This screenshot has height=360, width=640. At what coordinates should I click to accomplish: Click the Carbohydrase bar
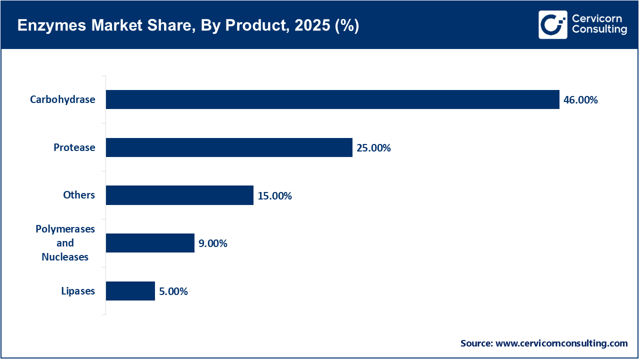pyautogui.click(x=332, y=99)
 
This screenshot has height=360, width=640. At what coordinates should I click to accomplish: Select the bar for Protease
pyautogui.click(x=229, y=147)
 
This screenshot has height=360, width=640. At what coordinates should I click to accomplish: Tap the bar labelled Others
pyautogui.click(x=179, y=195)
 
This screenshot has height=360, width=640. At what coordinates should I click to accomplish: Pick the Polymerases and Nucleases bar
pyautogui.click(x=150, y=243)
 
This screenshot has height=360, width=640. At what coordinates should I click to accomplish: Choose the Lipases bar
pyautogui.click(x=130, y=291)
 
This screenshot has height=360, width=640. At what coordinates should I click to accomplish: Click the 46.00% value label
pyautogui.click(x=580, y=100)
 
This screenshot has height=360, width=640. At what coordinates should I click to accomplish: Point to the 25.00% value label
pyautogui.click(x=373, y=148)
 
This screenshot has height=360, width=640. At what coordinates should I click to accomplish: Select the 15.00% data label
pyautogui.click(x=274, y=196)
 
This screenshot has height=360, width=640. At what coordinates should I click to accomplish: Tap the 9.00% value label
pyautogui.click(x=213, y=243)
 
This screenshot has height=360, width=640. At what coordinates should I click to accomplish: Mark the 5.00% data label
pyautogui.click(x=173, y=291)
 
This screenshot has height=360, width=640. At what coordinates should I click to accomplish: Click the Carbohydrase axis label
pyautogui.click(x=62, y=99)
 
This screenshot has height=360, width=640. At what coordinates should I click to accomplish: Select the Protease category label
pyautogui.click(x=74, y=147)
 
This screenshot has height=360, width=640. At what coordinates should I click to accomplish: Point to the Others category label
pyautogui.click(x=79, y=195)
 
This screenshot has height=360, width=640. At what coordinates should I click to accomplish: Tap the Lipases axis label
pyautogui.click(x=78, y=291)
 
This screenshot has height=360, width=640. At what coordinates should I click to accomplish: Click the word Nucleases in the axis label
pyautogui.click(x=65, y=257)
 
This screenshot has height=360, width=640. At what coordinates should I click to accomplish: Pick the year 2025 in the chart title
pyautogui.click(x=309, y=26)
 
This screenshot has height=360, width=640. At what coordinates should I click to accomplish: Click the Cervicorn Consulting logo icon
pyautogui.click(x=552, y=24)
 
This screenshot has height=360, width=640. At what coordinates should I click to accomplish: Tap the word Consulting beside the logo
pyautogui.click(x=599, y=30)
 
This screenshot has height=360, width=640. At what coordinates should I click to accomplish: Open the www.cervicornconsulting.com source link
pyautogui.click(x=561, y=343)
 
